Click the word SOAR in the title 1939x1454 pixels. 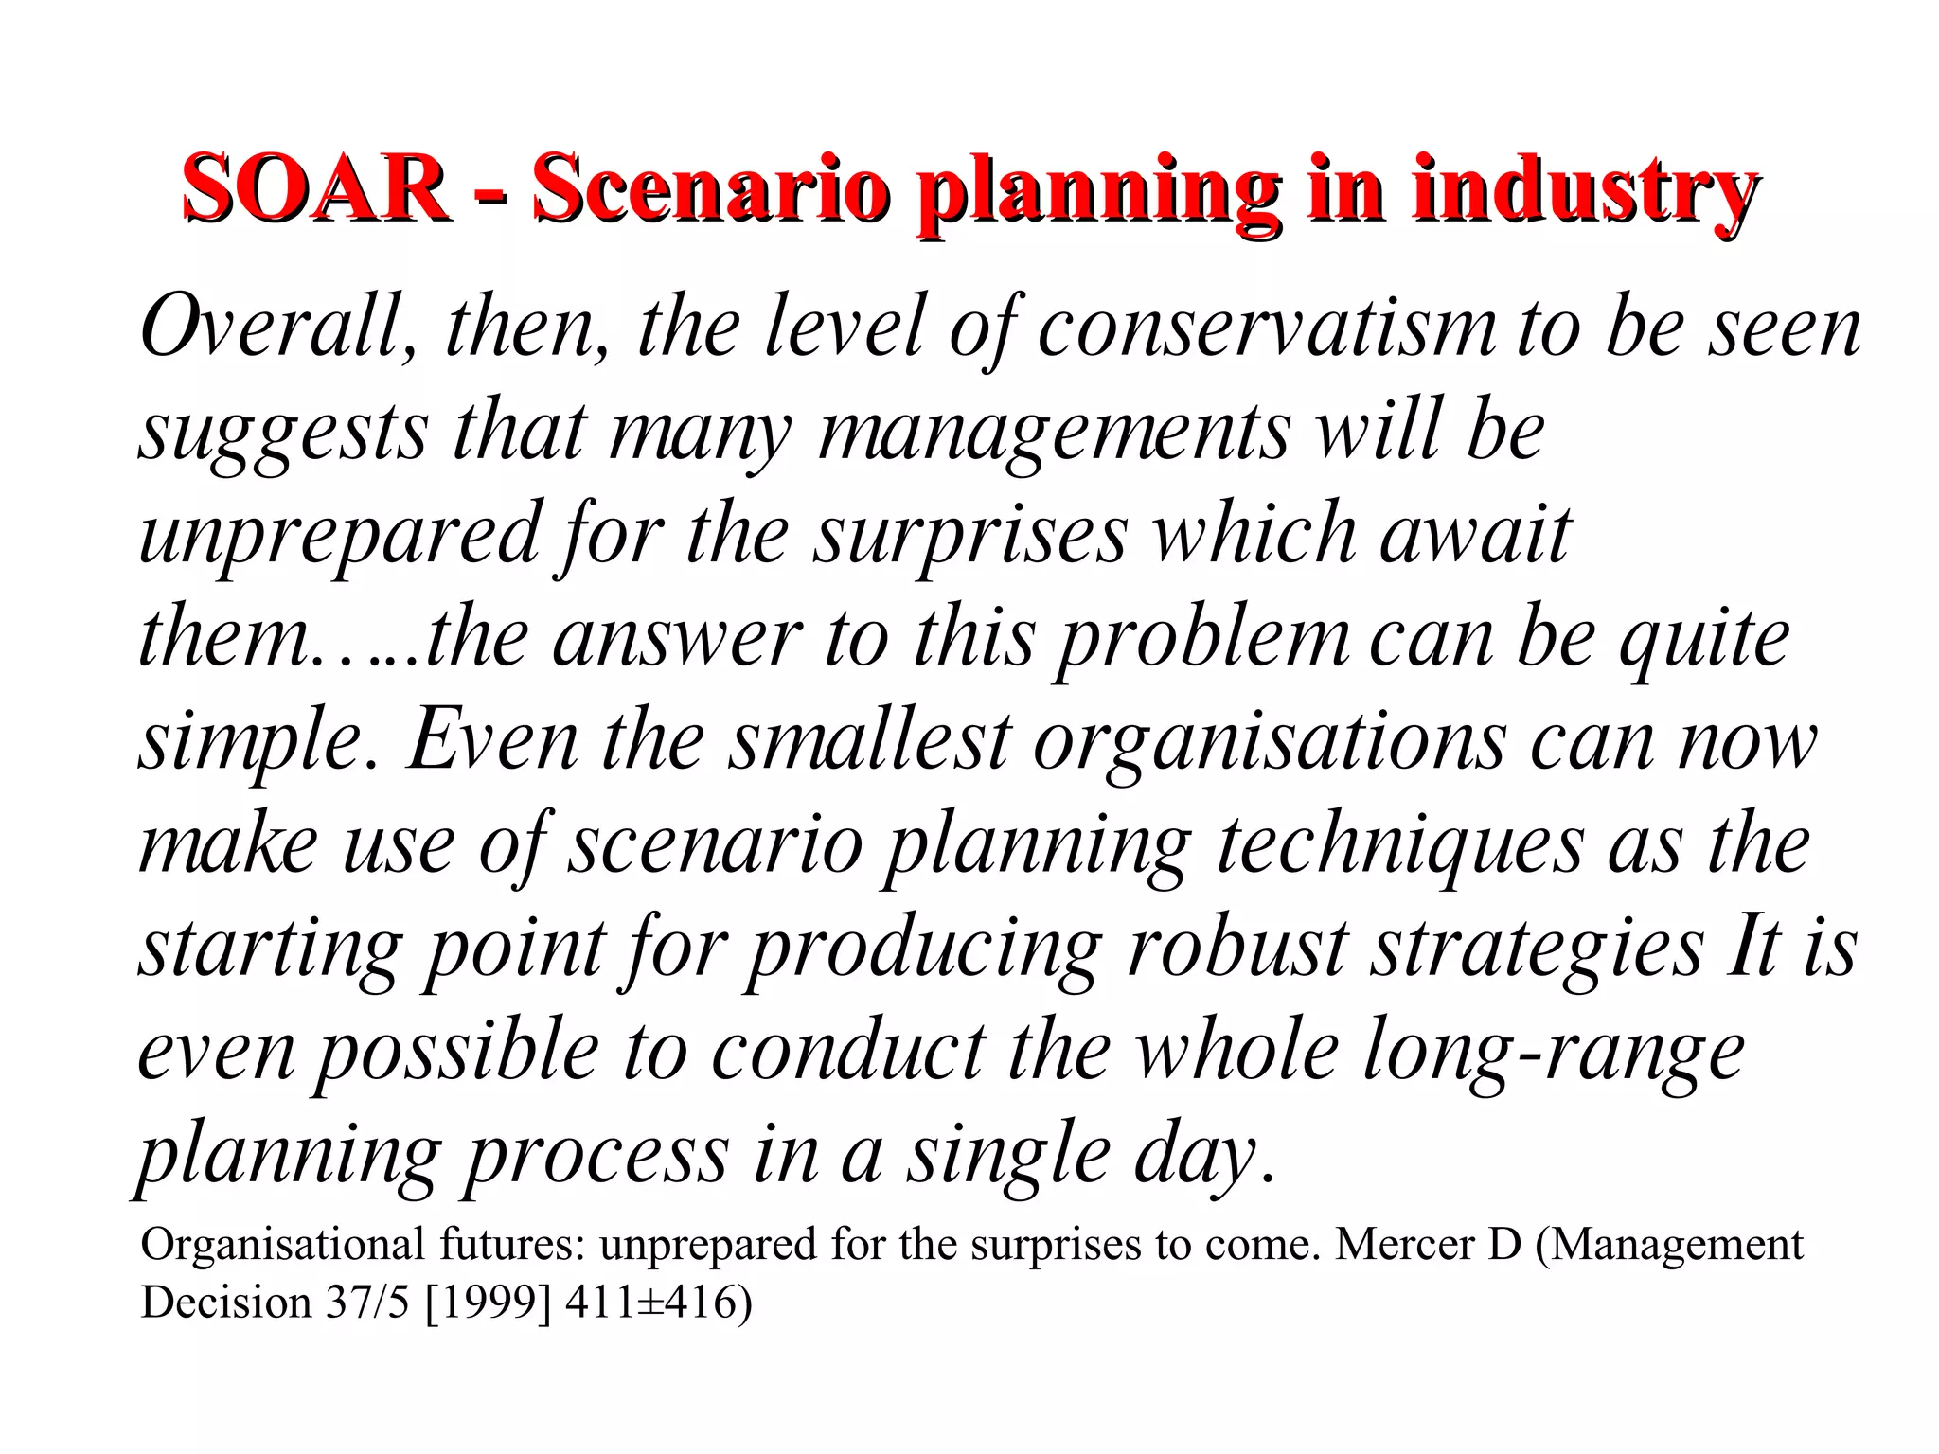pyautogui.click(x=315, y=189)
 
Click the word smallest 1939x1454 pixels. pyautogui.click(x=869, y=740)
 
